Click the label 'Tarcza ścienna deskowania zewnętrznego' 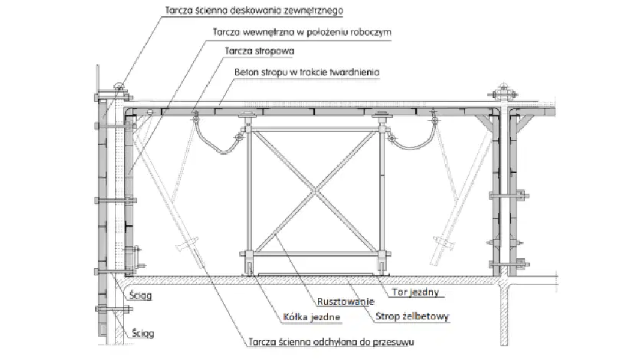[254, 11]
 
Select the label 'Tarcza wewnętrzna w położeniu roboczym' [302, 32]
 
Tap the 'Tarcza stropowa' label [260, 51]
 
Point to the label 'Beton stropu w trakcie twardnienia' [307, 73]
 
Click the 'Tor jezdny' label [415, 292]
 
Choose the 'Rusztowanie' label [346, 302]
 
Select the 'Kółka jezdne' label [312, 317]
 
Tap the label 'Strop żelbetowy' [412, 316]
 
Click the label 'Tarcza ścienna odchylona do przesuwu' [331, 342]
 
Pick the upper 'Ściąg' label [140, 296]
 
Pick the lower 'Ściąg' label [143, 333]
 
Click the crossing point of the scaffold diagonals [316, 191]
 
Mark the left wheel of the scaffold [249, 268]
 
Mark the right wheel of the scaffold [382, 268]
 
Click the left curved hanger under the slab [217, 139]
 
